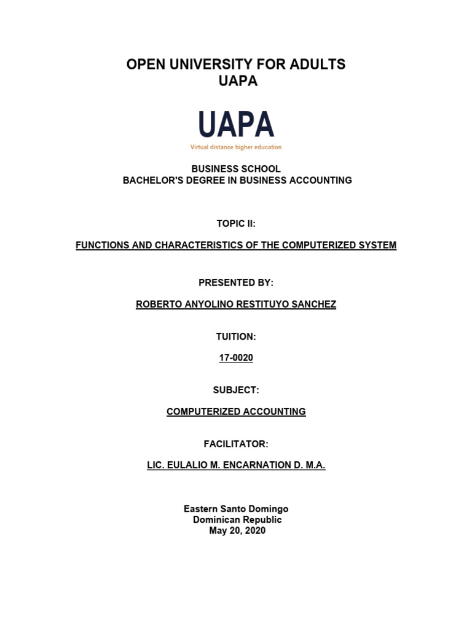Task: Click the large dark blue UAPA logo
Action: click(x=236, y=125)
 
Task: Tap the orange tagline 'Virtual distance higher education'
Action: click(x=236, y=147)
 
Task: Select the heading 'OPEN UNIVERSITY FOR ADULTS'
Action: click(x=236, y=64)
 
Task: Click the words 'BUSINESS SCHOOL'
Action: click(x=236, y=169)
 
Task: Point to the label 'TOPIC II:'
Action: click(x=236, y=224)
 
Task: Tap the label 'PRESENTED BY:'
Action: click(x=236, y=283)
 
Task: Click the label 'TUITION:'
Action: click(x=236, y=336)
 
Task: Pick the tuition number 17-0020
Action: click(x=236, y=358)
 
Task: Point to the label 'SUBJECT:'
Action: click(x=236, y=389)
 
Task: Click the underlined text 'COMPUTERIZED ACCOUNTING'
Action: click(x=236, y=412)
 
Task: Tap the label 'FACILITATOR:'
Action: click(x=236, y=443)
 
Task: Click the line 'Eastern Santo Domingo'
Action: click(x=236, y=509)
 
